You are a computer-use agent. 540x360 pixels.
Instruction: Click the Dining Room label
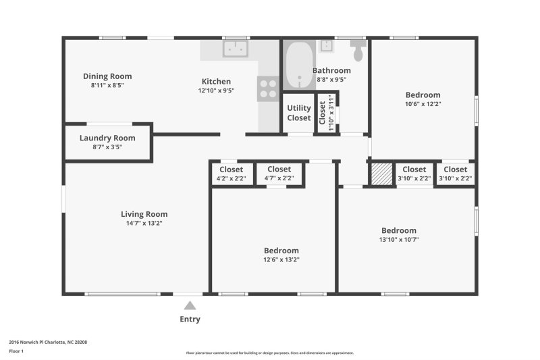pos(107,76)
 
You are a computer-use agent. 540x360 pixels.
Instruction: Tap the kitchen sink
pos(236,49)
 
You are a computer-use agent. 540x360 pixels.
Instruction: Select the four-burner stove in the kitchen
pos(267,89)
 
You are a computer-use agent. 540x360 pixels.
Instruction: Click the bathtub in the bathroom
pos(298,64)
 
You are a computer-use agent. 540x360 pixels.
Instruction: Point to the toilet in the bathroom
pos(358,49)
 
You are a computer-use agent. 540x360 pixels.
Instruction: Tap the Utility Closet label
pos(299,113)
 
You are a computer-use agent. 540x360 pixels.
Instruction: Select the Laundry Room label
pos(107,138)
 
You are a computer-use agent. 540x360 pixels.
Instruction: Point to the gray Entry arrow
pos(190,305)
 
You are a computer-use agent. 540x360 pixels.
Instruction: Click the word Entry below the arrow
pos(190,319)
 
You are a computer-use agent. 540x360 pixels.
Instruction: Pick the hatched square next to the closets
pos(382,174)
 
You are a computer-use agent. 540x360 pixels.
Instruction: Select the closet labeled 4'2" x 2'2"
pos(231,174)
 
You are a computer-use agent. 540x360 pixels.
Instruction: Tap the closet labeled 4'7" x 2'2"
pos(279,174)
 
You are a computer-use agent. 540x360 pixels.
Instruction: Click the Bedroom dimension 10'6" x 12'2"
pos(423,104)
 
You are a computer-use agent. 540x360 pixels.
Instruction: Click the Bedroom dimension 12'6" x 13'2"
pos(281,259)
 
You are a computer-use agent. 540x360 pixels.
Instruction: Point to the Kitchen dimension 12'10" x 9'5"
pos(216,91)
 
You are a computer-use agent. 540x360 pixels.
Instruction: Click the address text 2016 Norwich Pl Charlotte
pos(48,342)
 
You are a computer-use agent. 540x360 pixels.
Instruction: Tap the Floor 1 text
pos(16,352)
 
